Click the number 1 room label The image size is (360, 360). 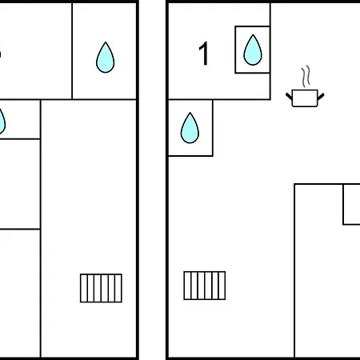[x=204, y=54]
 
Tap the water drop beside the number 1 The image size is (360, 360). [x=253, y=50]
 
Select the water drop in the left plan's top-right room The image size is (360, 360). [x=106, y=58]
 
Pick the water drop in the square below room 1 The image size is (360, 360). [x=190, y=128]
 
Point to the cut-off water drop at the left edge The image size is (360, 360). [x=2, y=122]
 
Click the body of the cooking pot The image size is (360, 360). [x=305, y=98]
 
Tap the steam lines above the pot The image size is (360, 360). [x=306, y=76]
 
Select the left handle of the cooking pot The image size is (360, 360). [x=289, y=97]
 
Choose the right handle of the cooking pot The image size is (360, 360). [x=321, y=97]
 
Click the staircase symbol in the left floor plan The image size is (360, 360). [x=101, y=288]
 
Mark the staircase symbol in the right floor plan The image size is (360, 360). [x=205, y=286]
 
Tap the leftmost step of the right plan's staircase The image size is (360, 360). [x=187, y=286]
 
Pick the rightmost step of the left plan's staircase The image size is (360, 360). [x=118, y=288]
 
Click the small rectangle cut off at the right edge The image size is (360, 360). [x=352, y=204]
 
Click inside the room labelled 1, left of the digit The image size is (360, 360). [x=183, y=54]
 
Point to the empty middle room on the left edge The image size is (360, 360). [x=20, y=184]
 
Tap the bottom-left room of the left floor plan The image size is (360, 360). [x=20, y=294]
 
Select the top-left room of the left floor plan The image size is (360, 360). [x=36, y=50]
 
